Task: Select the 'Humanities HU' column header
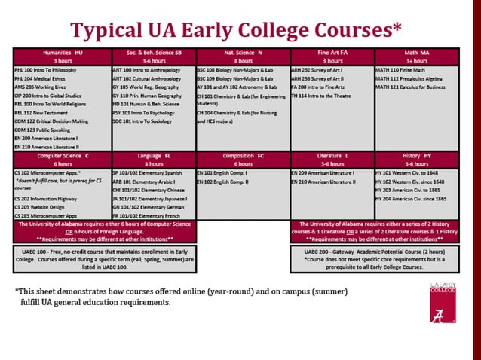point(63,57)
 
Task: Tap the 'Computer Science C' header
point(63,158)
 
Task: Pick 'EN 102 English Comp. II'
point(222,182)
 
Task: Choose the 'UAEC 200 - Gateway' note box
point(375,258)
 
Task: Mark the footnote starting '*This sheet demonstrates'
point(181,297)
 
